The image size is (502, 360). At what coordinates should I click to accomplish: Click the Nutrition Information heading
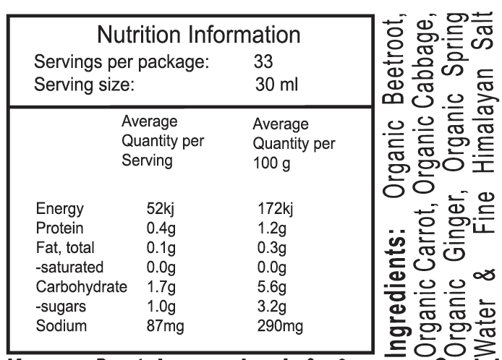(198, 35)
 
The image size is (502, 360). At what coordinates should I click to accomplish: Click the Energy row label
(60, 210)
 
